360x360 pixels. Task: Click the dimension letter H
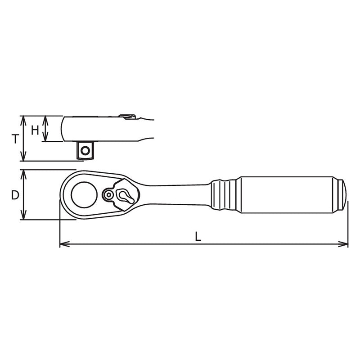[x=35, y=130]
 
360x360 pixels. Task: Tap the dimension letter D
[x=15, y=195]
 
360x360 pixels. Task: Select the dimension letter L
[x=198, y=236]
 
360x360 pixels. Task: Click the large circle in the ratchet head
[x=84, y=194]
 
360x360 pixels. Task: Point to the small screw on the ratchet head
[x=108, y=194]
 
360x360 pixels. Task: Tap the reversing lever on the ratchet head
[x=124, y=194]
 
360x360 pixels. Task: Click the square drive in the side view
[x=85, y=150]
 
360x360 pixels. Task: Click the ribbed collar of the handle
[x=224, y=194]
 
